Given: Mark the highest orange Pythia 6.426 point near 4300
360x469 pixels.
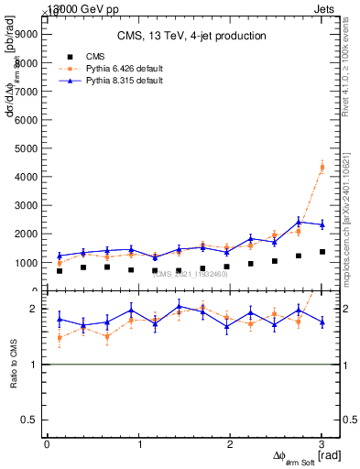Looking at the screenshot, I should pyautogui.click(x=322, y=167).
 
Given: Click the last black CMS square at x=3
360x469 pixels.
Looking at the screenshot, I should pyautogui.click(x=322, y=252).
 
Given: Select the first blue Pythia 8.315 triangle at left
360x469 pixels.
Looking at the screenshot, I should pyautogui.click(x=60, y=256).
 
